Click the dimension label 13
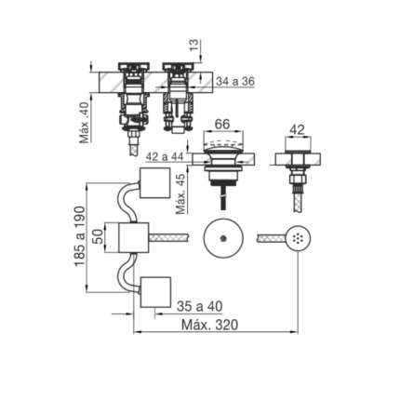(x=194, y=46)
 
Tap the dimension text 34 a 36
(x=235, y=82)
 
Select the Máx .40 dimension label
(x=84, y=123)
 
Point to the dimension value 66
(x=222, y=124)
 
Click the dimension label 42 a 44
(x=165, y=157)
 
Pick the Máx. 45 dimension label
(x=181, y=193)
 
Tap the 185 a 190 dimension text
(x=79, y=235)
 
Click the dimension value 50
(x=98, y=237)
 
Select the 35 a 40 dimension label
(x=200, y=306)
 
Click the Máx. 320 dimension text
(x=209, y=325)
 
